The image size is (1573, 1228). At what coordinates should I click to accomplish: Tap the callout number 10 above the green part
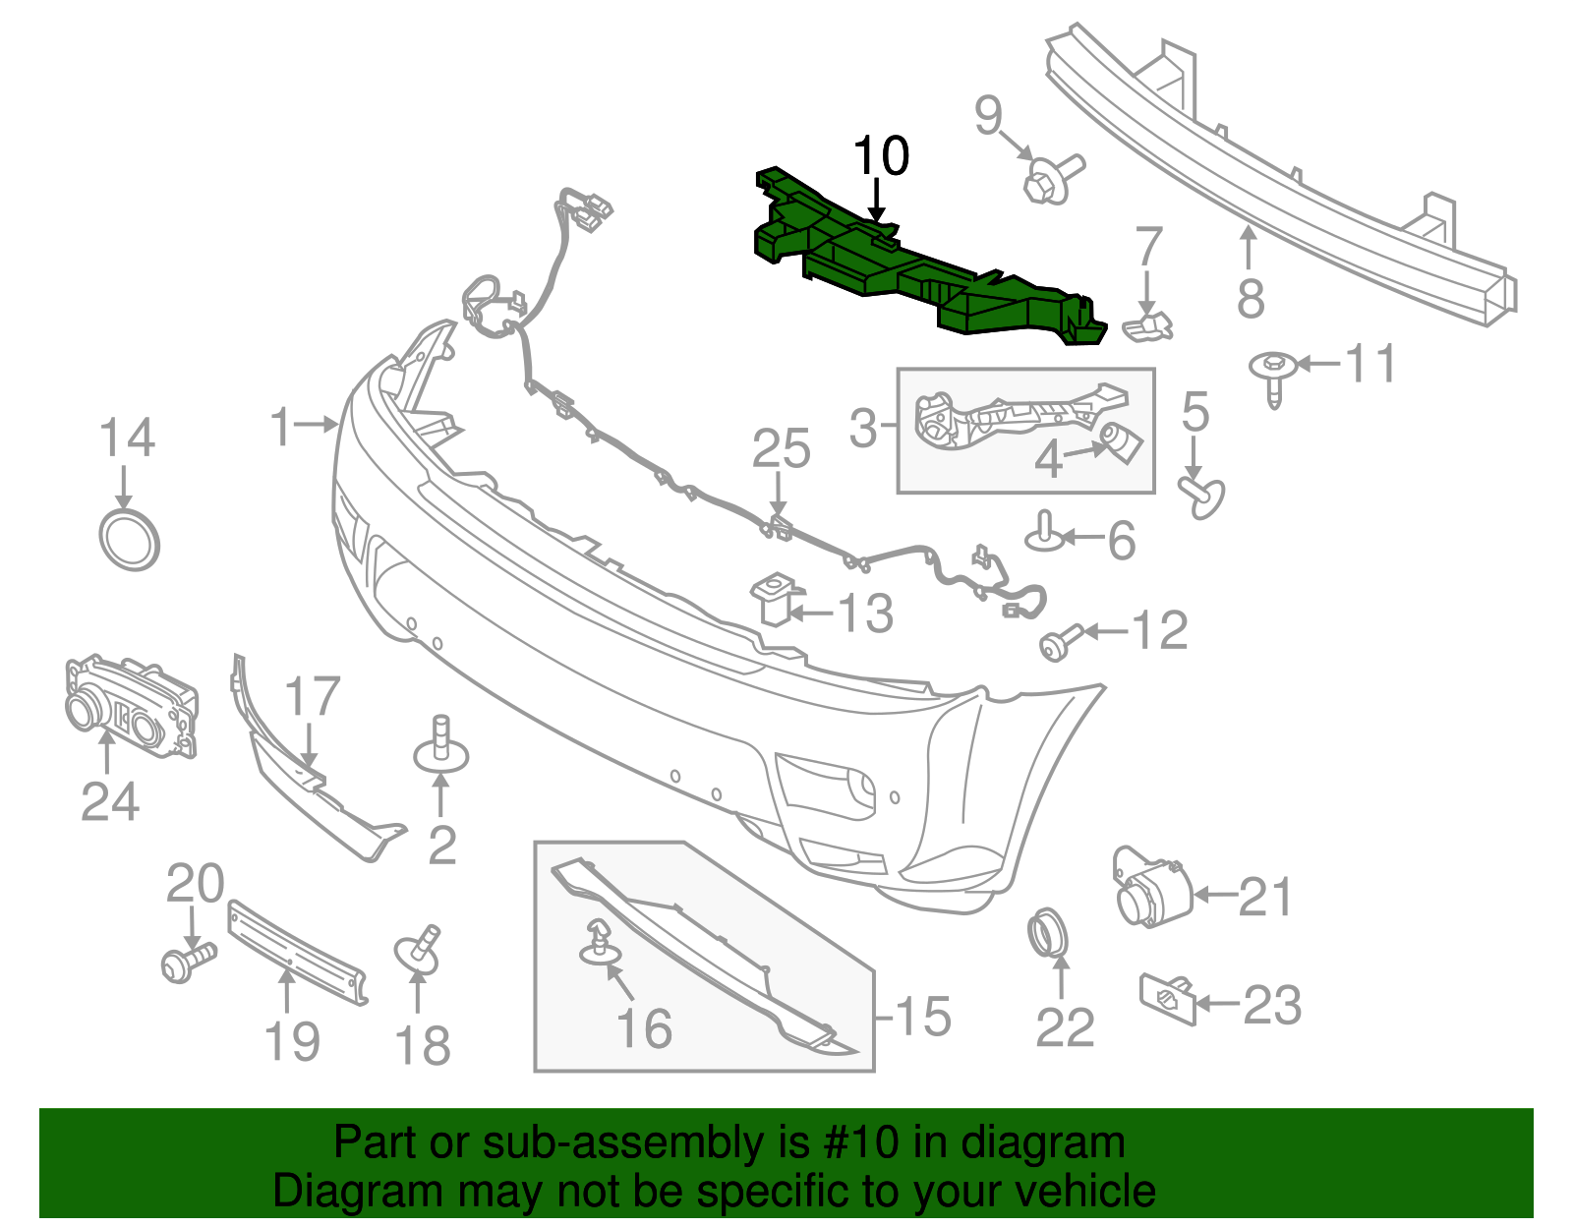coord(881,156)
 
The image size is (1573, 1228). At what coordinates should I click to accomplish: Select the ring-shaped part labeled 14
coord(130,540)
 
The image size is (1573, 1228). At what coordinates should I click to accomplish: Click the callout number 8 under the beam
coord(1250,298)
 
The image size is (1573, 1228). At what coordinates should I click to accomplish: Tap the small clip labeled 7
coord(1148,327)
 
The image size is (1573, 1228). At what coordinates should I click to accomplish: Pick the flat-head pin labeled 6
coord(1044,533)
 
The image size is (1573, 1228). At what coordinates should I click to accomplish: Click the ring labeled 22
coord(1047,933)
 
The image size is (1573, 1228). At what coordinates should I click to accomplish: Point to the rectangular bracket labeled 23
coord(1167,998)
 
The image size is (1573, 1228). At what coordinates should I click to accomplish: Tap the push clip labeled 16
coord(597,942)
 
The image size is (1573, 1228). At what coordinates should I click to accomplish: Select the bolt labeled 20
coord(186,962)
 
